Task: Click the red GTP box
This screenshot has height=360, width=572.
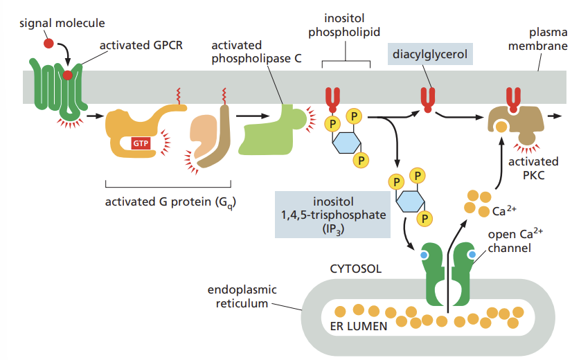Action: (x=141, y=143)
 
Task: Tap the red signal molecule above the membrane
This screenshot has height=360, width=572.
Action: (x=48, y=44)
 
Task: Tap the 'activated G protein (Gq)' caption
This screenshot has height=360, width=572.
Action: (x=169, y=203)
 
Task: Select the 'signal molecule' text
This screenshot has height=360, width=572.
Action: (x=62, y=23)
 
